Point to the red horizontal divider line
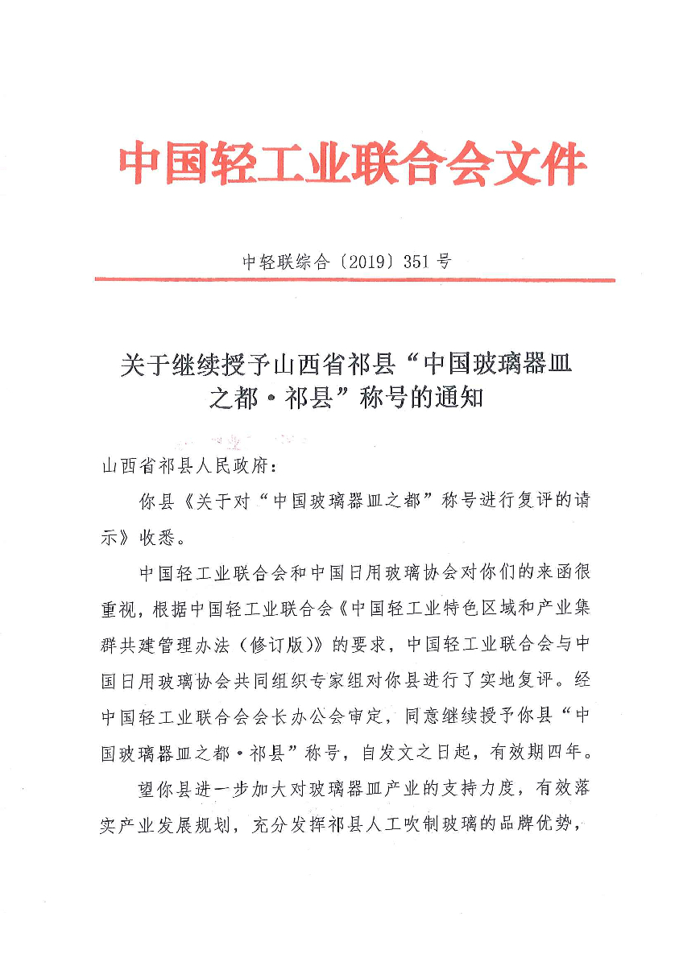pos(354,280)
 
